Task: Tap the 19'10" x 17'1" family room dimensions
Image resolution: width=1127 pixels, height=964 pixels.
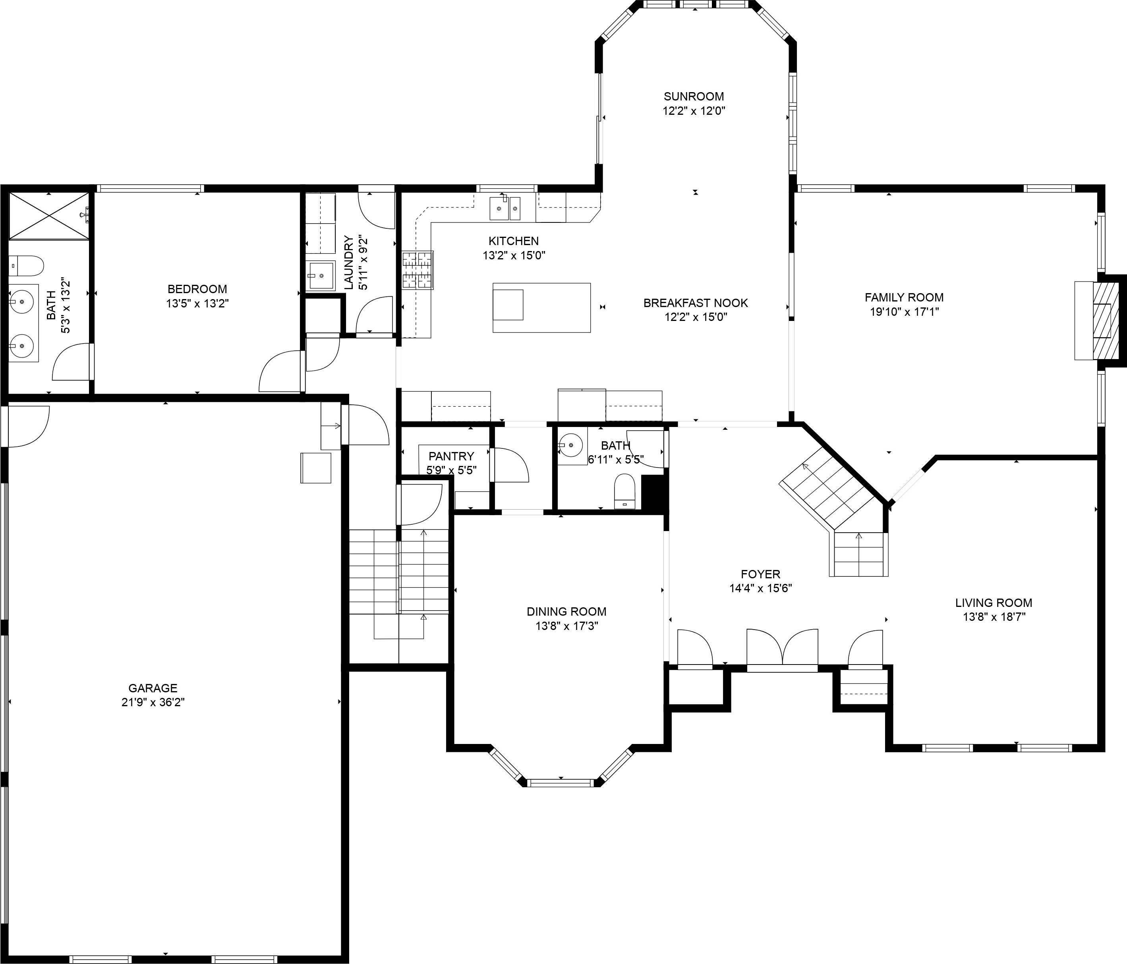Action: (904, 311)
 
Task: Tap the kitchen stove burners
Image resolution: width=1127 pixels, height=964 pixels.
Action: (417, 270)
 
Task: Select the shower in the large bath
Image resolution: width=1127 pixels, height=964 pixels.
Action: (49, 215)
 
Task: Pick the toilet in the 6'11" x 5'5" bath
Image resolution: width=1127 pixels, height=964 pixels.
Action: (624, 491)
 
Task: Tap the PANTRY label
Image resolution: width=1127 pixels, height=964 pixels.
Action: (451, 456)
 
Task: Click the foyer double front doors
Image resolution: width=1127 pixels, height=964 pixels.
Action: (782, 649)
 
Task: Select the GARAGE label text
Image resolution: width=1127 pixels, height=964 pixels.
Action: (153, 688)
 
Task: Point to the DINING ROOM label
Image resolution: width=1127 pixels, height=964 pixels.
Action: (566, 612)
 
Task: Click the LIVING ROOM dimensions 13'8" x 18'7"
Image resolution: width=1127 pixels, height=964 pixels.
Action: (994, 616)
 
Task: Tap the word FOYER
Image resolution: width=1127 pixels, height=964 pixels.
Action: (760, 574)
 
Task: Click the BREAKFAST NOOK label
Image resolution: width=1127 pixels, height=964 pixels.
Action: (695, 303)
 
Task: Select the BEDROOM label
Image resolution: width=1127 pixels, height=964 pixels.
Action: (197, 289)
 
